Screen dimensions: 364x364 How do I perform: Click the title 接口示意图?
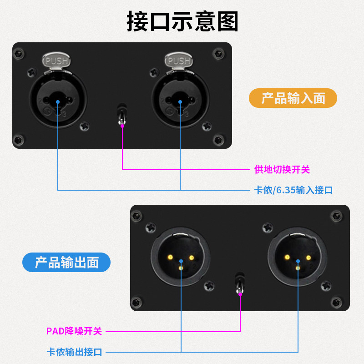click(182, 21)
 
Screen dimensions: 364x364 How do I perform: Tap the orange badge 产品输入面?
click(293, 98)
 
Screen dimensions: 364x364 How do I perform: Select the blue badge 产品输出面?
click(66, 263)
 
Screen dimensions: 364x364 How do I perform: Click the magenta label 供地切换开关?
click(282, 170)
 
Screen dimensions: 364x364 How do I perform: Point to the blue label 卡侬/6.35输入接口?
click(293, 190)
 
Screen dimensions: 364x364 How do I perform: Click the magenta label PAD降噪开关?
click(74, 331)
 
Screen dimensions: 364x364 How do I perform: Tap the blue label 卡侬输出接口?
click(74, 351)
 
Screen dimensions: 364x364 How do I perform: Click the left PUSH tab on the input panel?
click(57, 60)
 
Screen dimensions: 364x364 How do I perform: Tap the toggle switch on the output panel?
click(239, 282)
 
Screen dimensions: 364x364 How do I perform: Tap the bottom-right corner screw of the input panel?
click(219, 139)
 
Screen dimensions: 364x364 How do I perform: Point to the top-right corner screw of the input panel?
click(219, 54)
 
